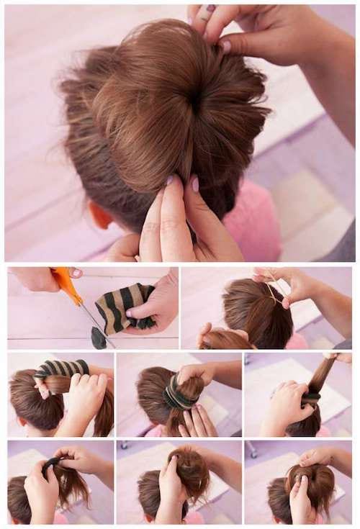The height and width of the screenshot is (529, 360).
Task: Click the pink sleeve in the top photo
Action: pos(252,223)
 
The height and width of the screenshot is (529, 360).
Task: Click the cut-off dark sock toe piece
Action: pos(99,336)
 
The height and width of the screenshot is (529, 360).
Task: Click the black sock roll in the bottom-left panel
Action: pos(50,466)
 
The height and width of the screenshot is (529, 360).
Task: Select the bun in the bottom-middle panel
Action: pos(189,471)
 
